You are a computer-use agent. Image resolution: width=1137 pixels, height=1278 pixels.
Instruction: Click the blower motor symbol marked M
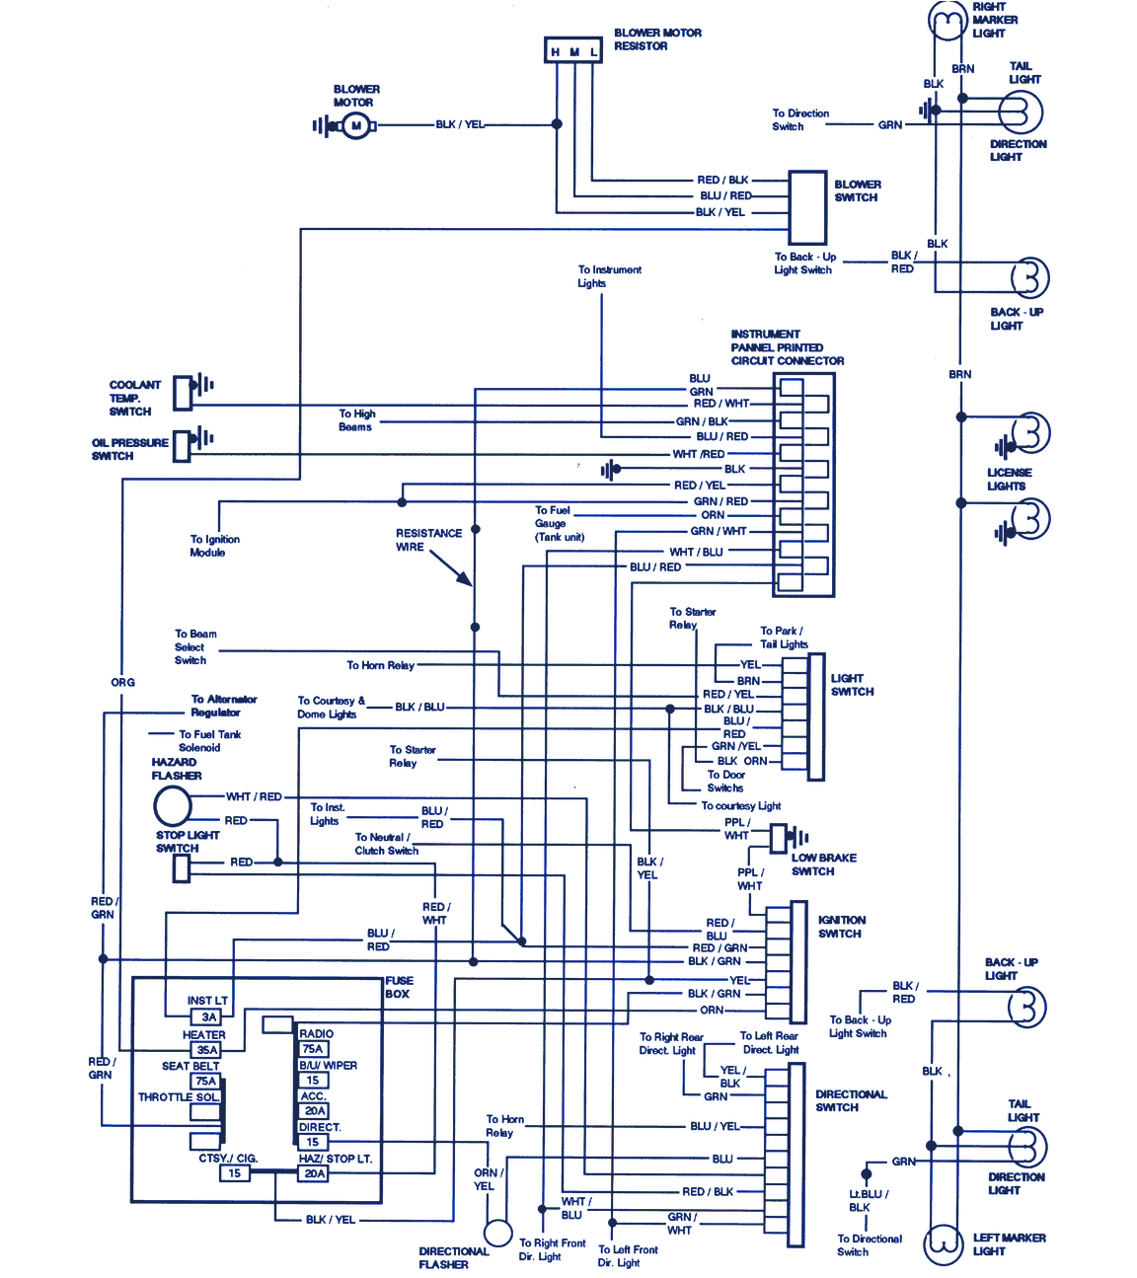point(355,125)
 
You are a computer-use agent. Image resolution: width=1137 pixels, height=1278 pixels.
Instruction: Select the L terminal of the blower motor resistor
point(593,51)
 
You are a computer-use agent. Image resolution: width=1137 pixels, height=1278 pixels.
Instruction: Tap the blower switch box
point(807,208)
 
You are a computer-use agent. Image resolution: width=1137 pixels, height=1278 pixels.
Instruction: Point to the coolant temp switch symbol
point(184,393)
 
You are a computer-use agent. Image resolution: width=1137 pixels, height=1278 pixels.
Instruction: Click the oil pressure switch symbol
point(183,445)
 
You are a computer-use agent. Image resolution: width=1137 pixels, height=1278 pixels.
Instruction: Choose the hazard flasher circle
point(173,806)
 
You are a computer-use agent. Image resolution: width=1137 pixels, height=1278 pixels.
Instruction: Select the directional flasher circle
point(498,1233)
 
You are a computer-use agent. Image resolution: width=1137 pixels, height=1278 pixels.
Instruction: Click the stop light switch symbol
point(182,868)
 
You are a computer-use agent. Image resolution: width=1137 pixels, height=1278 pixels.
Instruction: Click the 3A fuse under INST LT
point(208,1016)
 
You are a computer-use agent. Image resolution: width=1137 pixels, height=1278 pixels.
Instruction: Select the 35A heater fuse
point(206,1050)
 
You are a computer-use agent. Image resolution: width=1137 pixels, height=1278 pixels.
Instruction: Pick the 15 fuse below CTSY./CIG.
point(234,1173)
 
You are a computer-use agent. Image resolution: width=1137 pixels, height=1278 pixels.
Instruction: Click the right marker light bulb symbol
point(947,21)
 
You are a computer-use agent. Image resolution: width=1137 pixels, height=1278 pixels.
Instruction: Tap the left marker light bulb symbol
point(944,1242)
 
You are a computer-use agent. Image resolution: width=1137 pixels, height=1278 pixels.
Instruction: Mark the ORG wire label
point(122,682)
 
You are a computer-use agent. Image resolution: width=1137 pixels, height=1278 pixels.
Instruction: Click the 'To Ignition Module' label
point(214,546)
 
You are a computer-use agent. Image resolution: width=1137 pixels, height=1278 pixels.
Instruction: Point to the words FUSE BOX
point(399,987)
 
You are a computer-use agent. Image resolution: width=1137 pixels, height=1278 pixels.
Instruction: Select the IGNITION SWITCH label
point(841,927)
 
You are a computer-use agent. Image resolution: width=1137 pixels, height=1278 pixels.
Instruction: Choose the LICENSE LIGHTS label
point(1009,480)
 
